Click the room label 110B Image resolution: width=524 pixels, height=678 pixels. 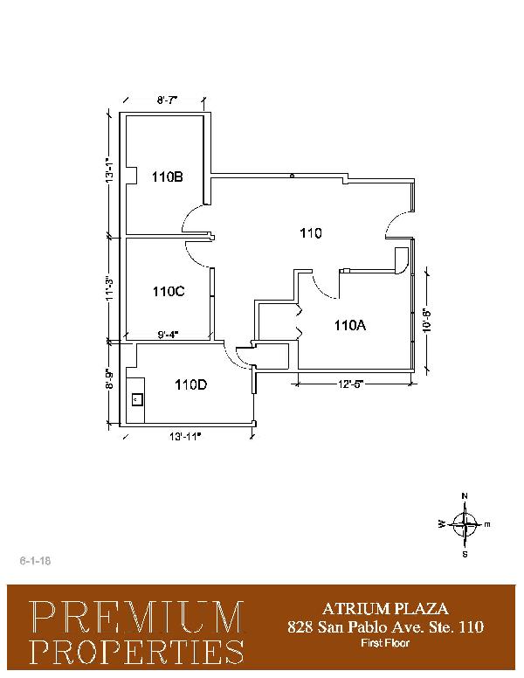(168, 176)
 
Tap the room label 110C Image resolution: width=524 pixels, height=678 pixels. (169, 292)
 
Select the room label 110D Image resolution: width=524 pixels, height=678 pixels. (190, 384)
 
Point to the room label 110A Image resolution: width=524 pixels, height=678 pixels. (349, 325)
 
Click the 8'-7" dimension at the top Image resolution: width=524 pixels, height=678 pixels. (168, 100)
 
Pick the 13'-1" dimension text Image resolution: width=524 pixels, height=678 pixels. (111, 169)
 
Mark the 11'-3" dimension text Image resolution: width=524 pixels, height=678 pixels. (111, 288)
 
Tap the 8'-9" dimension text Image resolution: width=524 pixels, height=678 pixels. (111, 379)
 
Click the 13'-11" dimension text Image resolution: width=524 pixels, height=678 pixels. (185, 437)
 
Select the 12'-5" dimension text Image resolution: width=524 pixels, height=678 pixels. (350, 384)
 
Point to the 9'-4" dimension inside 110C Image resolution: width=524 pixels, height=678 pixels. (168, 335)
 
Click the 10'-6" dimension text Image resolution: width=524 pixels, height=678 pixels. (427, 320)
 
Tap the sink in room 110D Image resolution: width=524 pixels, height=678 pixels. (137, 399)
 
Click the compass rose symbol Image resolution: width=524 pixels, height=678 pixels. (465, 524)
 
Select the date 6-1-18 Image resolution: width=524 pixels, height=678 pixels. (35, 561)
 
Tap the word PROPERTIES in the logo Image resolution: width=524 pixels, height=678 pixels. (137, 652)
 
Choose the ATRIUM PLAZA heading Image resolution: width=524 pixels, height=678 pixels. (385, 609)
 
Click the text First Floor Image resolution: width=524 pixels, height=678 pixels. (385, 643)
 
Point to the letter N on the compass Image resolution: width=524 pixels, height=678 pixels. (465, 496)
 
